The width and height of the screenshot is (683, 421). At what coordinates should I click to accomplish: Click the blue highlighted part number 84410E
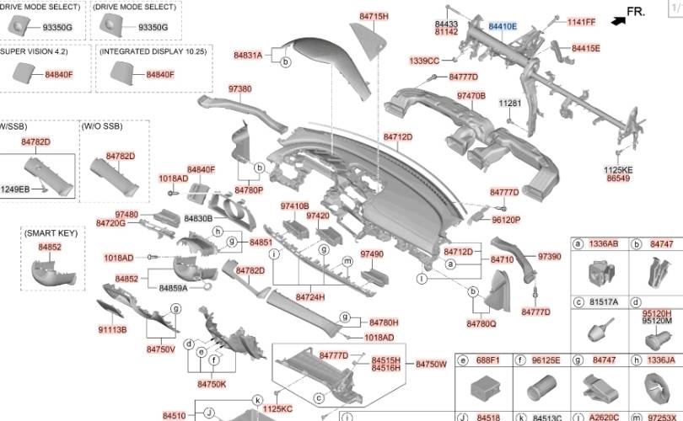pos(503,27)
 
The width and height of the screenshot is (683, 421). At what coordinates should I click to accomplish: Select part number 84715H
pos(374,16)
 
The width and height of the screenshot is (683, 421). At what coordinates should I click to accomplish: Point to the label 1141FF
pos(581,22)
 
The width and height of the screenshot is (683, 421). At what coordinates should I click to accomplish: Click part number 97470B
pos(471,96)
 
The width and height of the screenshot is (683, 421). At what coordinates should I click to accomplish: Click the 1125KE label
pos(618,169)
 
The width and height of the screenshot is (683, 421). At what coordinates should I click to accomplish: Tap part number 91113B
pos(112,329)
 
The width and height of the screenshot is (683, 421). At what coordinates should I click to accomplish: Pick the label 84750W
pos(431,364)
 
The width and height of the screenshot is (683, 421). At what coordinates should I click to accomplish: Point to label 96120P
pos(506,220)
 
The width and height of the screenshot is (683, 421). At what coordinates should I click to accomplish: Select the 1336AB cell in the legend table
pos(603,243)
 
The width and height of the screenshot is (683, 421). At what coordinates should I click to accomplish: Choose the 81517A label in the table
pos(603,301)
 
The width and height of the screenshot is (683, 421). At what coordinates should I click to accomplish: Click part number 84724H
pos(310,297)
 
